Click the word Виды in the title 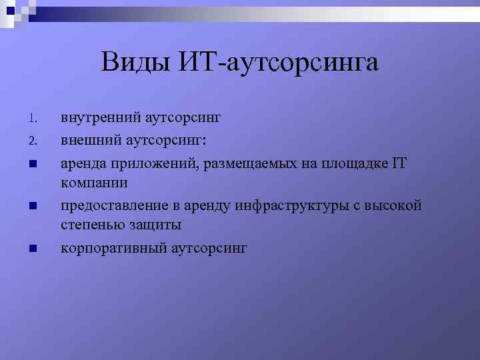tap(136, 63)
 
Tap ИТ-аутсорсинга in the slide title tap(279, 63)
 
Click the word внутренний tap(101, 119)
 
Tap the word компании tap(94, 183)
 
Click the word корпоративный tap(114, 249)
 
